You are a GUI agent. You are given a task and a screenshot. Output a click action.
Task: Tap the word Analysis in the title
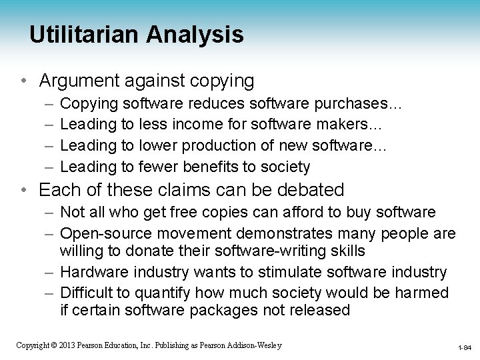click(201, 35)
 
